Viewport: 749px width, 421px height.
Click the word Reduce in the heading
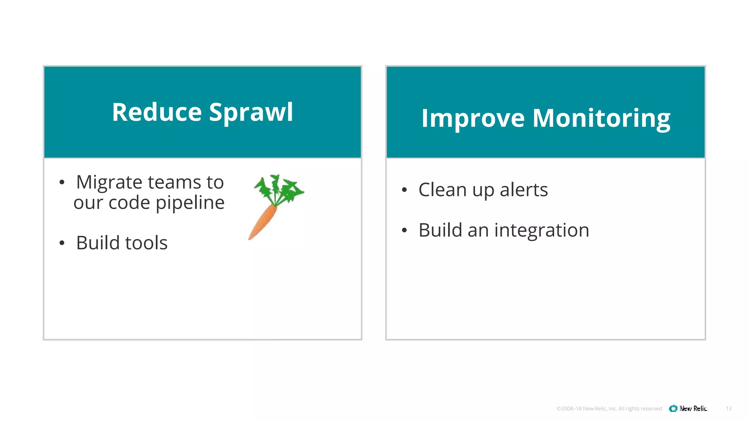point(157,112)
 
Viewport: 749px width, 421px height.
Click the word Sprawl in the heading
point(251,112)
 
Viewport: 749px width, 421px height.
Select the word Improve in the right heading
point(473,118)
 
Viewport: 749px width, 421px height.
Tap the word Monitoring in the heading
point(601,118)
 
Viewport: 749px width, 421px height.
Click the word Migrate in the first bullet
point(109,182)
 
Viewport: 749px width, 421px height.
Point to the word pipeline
point(190,203)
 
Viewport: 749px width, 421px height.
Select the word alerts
point(524,190)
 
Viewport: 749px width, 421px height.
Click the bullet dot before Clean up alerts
point(404,190)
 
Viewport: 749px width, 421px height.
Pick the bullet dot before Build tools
point(62,243)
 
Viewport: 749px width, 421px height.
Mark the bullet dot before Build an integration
point(404,230)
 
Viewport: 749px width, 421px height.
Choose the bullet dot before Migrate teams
point(62,182)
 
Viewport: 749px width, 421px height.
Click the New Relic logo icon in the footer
point(673,409)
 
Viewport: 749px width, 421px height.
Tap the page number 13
point(729,409)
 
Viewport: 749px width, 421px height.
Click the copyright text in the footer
point(609,409)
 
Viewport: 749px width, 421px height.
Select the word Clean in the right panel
point(443,190)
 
